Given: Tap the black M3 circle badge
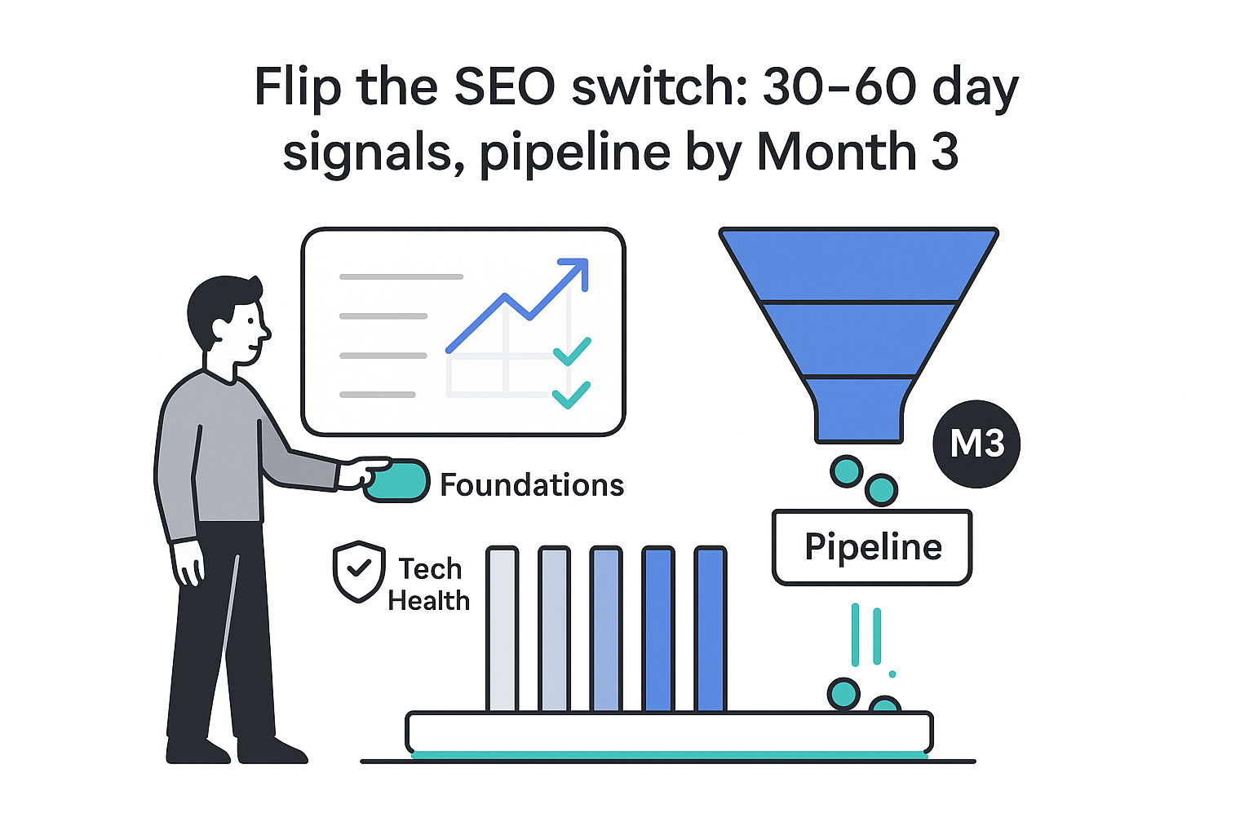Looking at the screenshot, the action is tap(976, 444).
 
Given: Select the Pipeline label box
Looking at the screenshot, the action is tap(872, 547).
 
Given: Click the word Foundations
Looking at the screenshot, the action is tap(532, 485).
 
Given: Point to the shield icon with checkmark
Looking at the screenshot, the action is tap(359, 571).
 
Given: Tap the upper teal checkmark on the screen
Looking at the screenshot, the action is tap(572, 351).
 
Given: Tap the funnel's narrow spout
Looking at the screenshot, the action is tap(859, 420).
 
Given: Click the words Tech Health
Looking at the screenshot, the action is tap(428, 585).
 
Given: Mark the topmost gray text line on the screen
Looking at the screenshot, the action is tap(401, 277).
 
